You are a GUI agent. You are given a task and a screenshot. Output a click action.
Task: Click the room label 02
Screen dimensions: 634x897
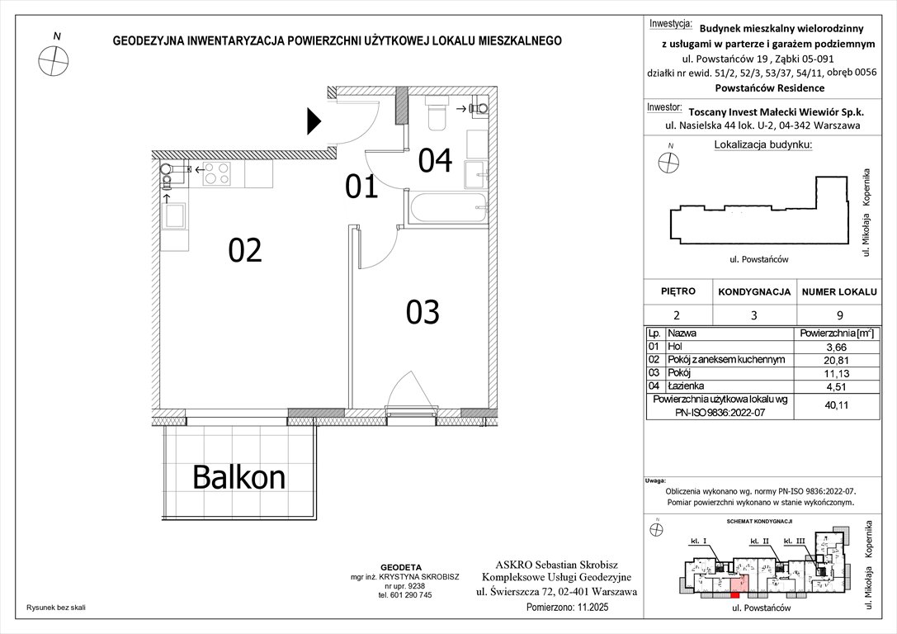[245, 250]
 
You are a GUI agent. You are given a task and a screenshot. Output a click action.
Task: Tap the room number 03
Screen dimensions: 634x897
[422, 312]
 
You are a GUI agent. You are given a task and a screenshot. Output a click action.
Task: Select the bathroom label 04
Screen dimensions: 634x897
[435, 161]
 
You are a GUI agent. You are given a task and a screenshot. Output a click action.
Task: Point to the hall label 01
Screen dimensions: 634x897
[361, 188]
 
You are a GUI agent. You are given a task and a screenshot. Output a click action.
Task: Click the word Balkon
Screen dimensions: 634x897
[238, 476]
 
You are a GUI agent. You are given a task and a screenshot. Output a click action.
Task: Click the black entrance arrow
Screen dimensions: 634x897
[314, 121]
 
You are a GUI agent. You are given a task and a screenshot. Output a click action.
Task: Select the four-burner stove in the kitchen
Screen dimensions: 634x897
[217, 173]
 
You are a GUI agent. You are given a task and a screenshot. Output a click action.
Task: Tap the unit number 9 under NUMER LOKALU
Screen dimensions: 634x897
[838, 315]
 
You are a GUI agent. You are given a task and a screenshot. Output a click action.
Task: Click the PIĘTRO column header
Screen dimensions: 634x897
[677, 291]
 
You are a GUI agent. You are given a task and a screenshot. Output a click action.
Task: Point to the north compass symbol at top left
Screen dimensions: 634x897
[56, 59]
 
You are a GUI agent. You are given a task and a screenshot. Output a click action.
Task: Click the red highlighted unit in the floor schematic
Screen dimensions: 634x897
[735, 590]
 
